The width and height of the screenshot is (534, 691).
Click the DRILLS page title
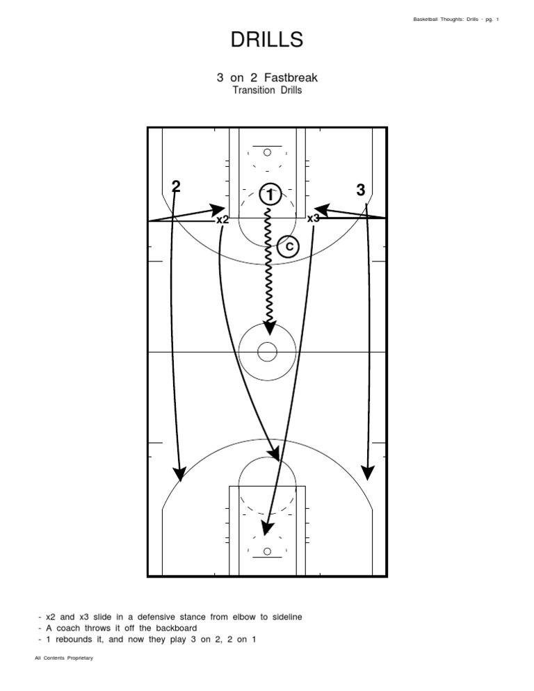click(x=267, y=40)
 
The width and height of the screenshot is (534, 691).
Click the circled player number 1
click(x=269, y=195)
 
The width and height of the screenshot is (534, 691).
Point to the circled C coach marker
click(x=288, y=245)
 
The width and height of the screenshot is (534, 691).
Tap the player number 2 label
click(x=176, y=186)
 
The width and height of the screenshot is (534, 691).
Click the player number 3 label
click(x=360, y=190)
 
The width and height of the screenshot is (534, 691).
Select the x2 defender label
click(x=222, y=219)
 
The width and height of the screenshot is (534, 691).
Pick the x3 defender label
click(x=314, y=218)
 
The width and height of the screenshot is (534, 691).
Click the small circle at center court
click(x=267, y=352)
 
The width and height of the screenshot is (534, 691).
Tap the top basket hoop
click(x=267, y=152)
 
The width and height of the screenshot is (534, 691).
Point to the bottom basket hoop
click(x=267, y=553)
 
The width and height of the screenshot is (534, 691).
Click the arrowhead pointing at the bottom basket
click(x=265, y=530)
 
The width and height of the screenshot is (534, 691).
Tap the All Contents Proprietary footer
click(x=64, y=658)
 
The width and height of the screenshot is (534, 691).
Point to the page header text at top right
click(x=455, y=18)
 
